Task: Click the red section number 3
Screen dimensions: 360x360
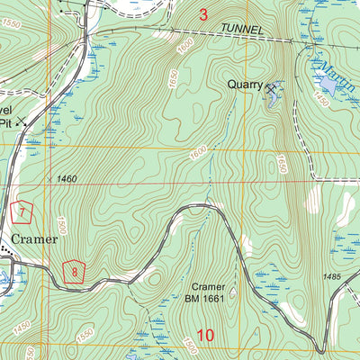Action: (203, 14)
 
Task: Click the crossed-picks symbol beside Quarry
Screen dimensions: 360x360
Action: (270, 87)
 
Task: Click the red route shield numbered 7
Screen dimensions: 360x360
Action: (23, 212)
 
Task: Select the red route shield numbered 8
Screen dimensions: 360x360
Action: (75, 271)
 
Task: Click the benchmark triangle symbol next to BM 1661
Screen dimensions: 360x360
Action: (232, 292)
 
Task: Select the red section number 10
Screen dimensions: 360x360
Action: (205, 336)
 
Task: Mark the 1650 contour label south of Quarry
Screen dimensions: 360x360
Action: (281, 165)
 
